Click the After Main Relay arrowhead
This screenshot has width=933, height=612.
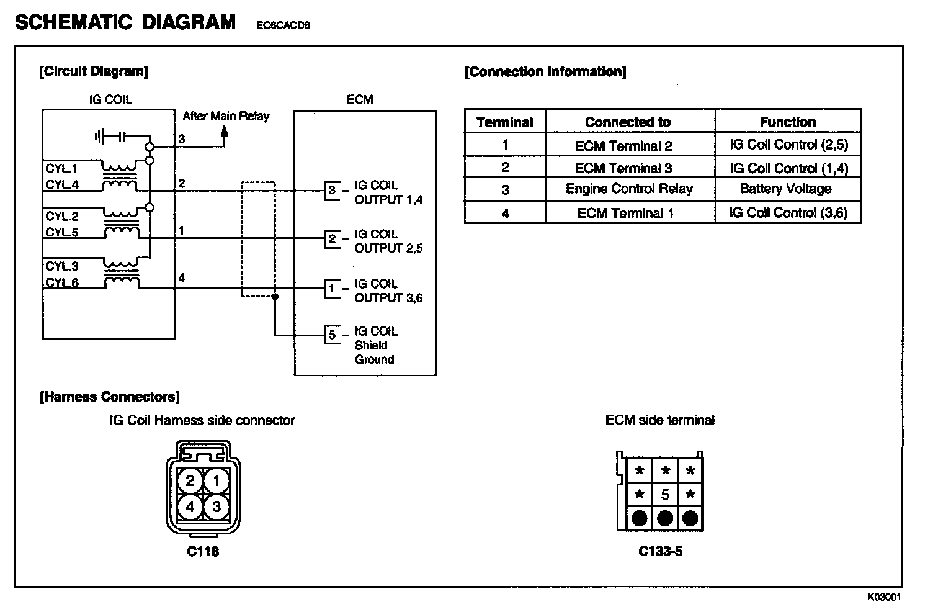click(x=225, y=133)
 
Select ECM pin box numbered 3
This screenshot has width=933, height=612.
click(x=332, y=191)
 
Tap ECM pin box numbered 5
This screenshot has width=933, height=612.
click(x=333, y=335)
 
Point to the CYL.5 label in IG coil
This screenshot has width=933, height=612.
click(x=62, y=233)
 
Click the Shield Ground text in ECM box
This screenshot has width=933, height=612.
click(x=375, y=352)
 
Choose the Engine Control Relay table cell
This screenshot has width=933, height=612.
click(x=629, y=189)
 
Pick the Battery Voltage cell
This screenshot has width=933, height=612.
click(x=785, y=189)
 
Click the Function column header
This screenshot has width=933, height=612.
click(x=787, y=122)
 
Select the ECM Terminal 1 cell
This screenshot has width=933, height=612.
click(x=625, y=214)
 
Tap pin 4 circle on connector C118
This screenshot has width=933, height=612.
click(x=190, y=506)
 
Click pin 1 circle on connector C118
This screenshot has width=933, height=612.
click(x=216, y=480)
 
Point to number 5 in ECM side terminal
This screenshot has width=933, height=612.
click(x=665, y=495)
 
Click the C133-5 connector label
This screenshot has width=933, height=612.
click(x=660, y=551)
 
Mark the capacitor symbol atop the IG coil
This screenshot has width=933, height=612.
click(x=111, y=137)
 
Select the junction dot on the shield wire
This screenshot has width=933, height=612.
click(x=275, y=297)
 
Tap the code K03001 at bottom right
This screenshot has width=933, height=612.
click(x=884, y=597)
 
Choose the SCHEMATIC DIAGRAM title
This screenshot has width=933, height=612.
click(x=125, y=22)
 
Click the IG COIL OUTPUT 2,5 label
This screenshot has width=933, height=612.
click(x=388, y=241)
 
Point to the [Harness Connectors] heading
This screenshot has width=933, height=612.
click(x=109, y=397)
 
